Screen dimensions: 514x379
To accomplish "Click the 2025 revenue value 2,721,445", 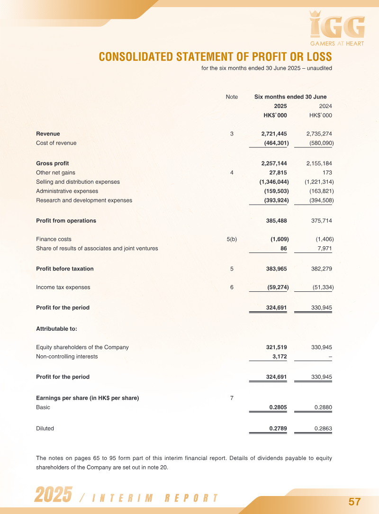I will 274,134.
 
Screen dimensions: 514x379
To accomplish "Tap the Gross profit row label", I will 53,163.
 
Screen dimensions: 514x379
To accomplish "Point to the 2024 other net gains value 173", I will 327,172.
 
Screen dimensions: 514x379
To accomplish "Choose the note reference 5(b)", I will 232,239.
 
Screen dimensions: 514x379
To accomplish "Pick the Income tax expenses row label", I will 63,287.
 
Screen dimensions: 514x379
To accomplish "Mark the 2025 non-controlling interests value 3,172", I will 280,356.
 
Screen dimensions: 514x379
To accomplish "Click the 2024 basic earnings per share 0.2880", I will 323,407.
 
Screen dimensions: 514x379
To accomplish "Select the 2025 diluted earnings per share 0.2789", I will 278,429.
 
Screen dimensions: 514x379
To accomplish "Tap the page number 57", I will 355,502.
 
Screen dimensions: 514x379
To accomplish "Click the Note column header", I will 232,97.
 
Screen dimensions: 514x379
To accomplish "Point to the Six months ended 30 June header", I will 290,97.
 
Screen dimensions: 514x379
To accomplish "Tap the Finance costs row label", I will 54,239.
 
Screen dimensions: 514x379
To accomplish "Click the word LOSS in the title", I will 316,57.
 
